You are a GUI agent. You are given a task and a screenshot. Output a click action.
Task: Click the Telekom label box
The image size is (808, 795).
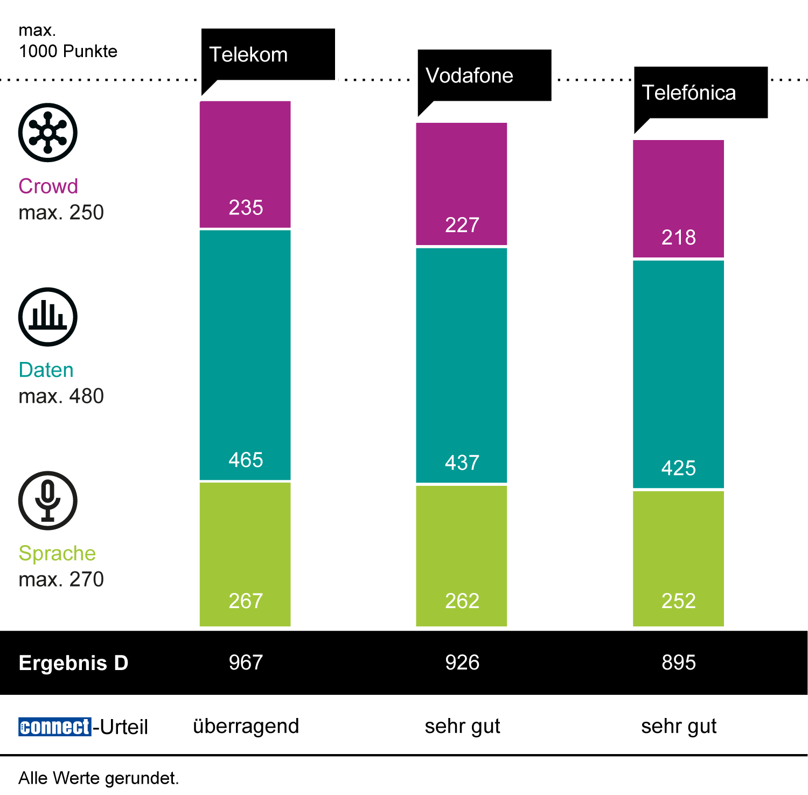(268, 54)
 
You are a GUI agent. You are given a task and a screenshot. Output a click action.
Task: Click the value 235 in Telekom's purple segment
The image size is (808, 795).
(246, 207)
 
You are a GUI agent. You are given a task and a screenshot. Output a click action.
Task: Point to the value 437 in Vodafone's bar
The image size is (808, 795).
(462, 463)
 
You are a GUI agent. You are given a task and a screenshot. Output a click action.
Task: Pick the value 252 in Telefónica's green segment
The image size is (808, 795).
(679, 601)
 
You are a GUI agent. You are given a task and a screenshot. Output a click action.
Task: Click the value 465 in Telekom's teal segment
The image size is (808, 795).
(246, 460)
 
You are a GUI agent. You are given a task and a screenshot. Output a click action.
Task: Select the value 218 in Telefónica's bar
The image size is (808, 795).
(679, 238)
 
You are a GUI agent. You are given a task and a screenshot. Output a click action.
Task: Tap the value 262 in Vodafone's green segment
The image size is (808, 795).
(462, 601)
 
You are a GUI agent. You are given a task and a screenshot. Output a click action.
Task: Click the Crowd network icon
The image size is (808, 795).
(48, 132)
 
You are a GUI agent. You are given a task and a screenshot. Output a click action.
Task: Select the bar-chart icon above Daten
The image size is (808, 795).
(48, 317)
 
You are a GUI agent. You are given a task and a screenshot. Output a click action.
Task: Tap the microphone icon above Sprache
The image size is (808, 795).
(48, 500)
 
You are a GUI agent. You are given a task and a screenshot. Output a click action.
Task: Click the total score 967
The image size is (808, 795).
(246, 662)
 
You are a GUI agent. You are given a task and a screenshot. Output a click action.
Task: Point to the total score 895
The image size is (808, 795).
(679, 662)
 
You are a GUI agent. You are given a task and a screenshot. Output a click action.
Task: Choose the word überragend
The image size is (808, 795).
(246, 726)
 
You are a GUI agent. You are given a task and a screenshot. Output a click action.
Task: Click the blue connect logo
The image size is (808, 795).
(54, 727)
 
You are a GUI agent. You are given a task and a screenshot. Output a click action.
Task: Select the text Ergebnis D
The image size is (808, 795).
(73, 663)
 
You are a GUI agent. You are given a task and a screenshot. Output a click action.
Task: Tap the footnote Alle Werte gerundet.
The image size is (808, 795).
(99, 778)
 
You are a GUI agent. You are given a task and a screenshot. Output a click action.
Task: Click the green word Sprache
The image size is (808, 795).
(57, 553)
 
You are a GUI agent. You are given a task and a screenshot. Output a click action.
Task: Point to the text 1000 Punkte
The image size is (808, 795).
(68, 51)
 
